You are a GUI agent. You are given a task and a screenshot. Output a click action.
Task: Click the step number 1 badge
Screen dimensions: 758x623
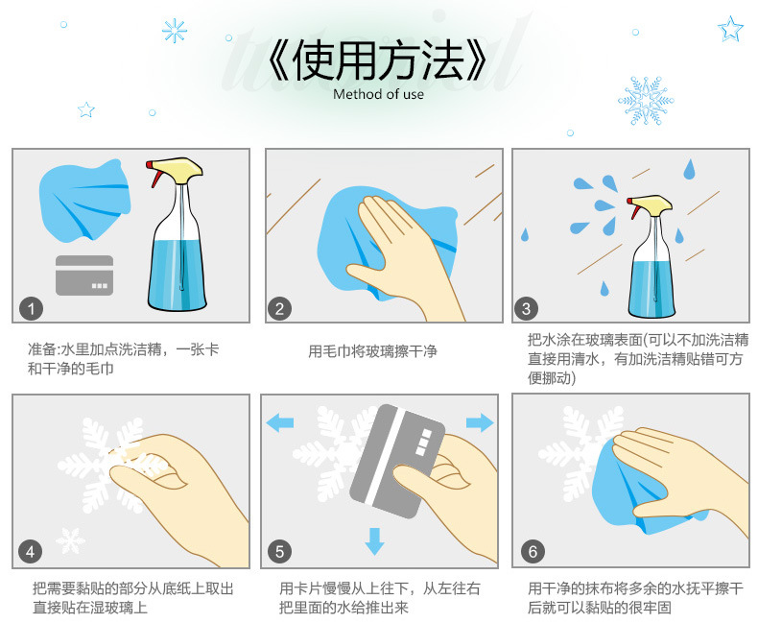click(x=32, y=308)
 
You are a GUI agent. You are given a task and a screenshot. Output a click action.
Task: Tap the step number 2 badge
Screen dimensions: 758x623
click(x=279, y=308)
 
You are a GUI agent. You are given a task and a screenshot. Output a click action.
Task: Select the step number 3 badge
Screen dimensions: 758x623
click(x=527, y=308)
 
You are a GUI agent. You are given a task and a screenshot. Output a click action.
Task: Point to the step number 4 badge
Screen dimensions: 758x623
click(x=31, y=551)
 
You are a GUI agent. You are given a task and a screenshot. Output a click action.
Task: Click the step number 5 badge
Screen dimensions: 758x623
click(x=279, y=551)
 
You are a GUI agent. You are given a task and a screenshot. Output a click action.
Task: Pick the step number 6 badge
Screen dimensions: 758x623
click(x=533, y=551)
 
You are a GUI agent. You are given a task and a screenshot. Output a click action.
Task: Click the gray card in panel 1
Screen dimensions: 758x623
click(x=84, y=276)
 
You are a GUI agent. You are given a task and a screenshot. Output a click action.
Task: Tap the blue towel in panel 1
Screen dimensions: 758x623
click(x=84, y=201)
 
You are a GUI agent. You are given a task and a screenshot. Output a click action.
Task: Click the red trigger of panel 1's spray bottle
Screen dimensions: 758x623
click(x=154, y=175)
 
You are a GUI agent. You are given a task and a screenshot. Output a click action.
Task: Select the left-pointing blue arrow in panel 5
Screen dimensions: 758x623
click(x=280, y=422)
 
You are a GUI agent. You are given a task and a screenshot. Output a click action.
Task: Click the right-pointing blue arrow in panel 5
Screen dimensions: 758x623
click(x=480, y=422)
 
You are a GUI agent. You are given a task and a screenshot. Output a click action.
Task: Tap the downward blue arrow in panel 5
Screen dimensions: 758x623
click(x=374, y=541)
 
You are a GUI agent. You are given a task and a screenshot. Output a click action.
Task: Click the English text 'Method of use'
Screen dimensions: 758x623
click(x=378, y=94)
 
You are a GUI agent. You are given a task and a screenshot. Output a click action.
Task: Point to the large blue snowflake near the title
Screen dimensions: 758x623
click(x=646, y=101)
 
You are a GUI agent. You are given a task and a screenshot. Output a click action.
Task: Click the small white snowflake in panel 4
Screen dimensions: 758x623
click(x=71, y=540)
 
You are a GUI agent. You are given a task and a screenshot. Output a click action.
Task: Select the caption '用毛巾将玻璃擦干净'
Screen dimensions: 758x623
click(x=372, y=351)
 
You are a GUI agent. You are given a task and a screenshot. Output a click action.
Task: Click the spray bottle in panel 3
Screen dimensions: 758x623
click(x=651, y=257)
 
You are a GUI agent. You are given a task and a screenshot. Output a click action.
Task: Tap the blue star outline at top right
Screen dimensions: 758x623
click(x=730, y=29)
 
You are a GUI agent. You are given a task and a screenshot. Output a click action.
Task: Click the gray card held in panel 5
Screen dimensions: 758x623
click(x=397, y=461)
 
